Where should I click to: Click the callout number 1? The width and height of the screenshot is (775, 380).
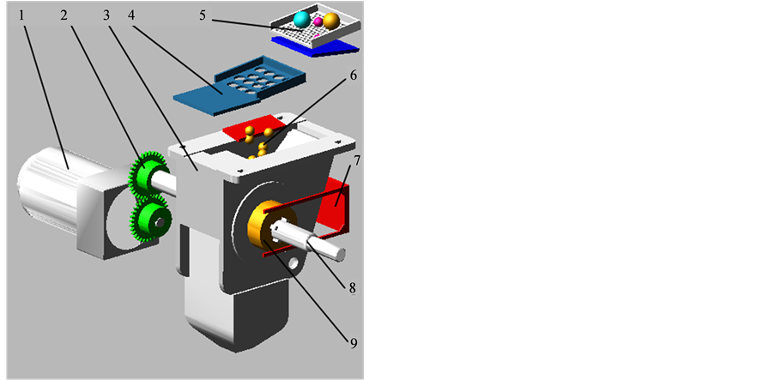click(22, 15)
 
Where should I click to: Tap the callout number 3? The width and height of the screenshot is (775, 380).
click(106, 15)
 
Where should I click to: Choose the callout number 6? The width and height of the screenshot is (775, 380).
click(352, 76)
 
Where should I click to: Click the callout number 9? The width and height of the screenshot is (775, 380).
click(352, 342)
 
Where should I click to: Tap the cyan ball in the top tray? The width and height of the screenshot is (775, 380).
click(300, 19)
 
